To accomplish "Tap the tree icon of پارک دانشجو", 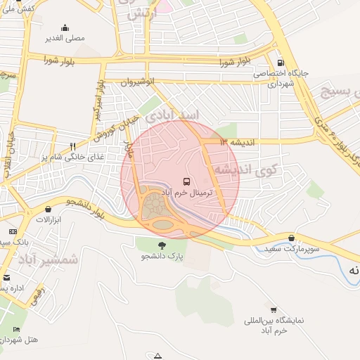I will coord(162,245).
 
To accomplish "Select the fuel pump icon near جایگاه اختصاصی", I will coord(280,62).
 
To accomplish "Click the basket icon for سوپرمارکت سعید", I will coord(291,238).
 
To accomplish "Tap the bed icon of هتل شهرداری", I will coord(16,329).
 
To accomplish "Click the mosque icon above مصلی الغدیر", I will coord(65,27).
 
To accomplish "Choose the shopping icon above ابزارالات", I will coord(48,209).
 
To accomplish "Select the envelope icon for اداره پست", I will coord(7,278).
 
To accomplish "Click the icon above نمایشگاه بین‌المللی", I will coord(273,309).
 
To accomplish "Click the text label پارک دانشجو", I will coord(163,257).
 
